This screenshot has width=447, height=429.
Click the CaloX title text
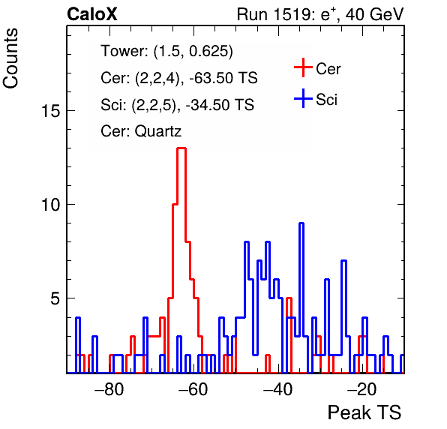pyautogui.click(x=92, y=14)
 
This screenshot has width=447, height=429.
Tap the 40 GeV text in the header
pyautogui.click(x=375, y=14)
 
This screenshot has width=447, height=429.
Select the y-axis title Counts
pyautogui.click(x=10, y=58)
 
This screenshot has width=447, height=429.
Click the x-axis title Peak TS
pyautogui.click(x=364, y=412)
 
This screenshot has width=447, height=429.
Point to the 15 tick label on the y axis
pyautogui.click(x=51, y=110)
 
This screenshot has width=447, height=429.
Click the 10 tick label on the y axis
pyautogui.click(x=51, y=205)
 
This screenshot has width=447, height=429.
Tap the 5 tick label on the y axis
pyautogui.click(x=55, y=298)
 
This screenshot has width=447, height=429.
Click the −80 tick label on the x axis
pyautogui.click(x=109, y=388)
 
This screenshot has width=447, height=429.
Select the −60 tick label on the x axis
pyautogui.click(x=193, y=388)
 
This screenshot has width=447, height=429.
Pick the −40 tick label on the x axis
pyautogui.click(x=277, y=388)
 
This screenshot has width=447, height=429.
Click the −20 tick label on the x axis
pyautogui.click(x=361, y=388)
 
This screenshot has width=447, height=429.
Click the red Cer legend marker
pyautogui.click(x=303, y=67)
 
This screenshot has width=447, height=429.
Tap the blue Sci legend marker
pyautogui.click(x=303, y=99)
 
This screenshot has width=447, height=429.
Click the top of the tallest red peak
pyautogui.click(x=181, y=148)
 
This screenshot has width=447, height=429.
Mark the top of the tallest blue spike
pyautogui.click(x=301, y=223)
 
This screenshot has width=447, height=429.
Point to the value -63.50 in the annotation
pyautogui.click(x=210, y=78)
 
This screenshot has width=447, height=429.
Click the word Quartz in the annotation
pyautogui.click(x=158, y=131)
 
